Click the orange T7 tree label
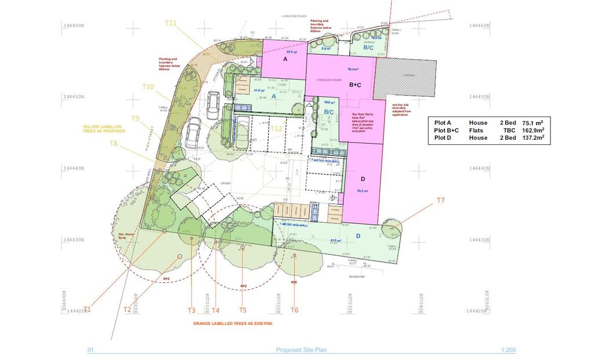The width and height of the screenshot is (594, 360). coord(440,201)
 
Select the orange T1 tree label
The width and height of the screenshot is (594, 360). coord(88,309)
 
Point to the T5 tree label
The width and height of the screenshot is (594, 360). coord(242,310)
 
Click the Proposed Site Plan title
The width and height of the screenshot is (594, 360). coord(296,350)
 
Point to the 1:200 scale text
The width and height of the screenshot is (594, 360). coord(508,350)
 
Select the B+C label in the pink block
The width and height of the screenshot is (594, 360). coord(356,85)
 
